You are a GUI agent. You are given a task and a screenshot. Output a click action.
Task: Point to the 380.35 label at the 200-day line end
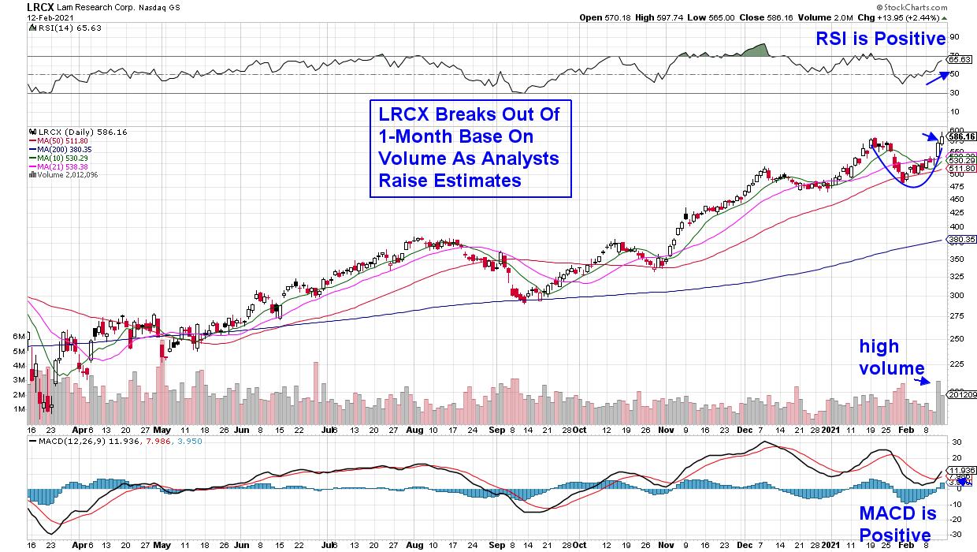pos(961,239)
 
